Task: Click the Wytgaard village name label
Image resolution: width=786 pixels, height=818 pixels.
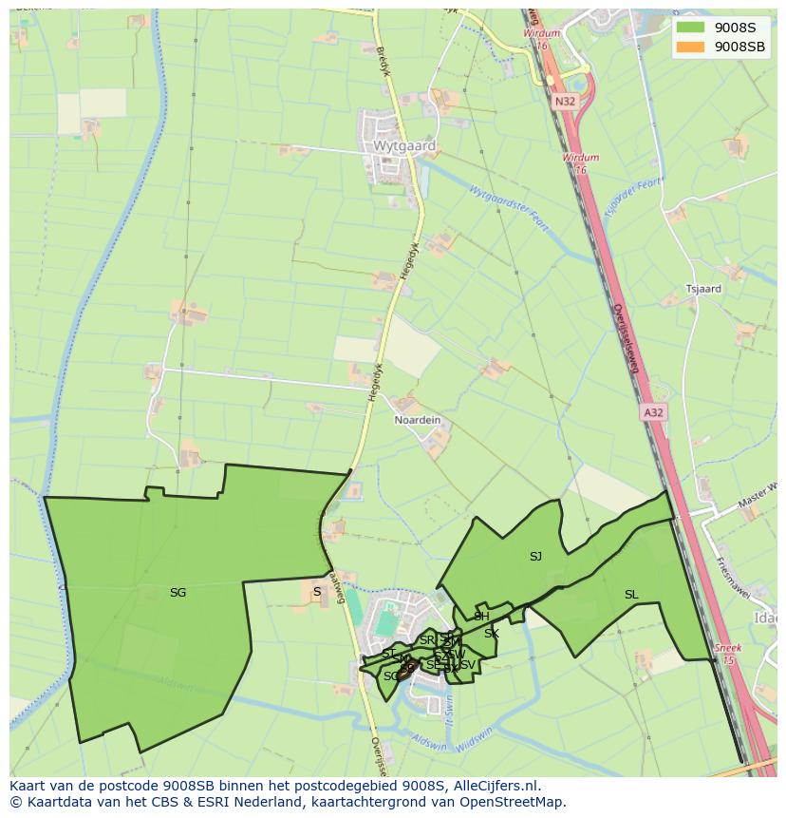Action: click(405, 147)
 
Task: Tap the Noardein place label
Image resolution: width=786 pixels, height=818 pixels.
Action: click(418, 420)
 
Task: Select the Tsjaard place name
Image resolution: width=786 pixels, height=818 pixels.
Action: click(703, 289)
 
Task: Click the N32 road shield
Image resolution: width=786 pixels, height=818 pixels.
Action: click(566, 101)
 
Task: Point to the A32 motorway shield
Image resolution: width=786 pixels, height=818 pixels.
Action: click(653, 412)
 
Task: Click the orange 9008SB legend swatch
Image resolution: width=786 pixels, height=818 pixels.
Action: click(691, 47)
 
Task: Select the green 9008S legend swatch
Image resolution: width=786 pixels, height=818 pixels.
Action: click(691, 28)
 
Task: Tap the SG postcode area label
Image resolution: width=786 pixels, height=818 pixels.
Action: click(178, 593)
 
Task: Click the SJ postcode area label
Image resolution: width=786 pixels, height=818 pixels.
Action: click(535, 557)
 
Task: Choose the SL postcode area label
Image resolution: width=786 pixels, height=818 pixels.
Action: click(631, 595)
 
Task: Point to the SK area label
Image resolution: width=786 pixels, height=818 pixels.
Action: click(492, 634)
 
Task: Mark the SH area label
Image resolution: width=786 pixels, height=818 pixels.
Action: click(481, 617)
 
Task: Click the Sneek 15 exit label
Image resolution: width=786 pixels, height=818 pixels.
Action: click(727, 653)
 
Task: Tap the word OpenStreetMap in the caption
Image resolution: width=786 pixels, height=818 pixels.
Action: click(517, 802)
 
